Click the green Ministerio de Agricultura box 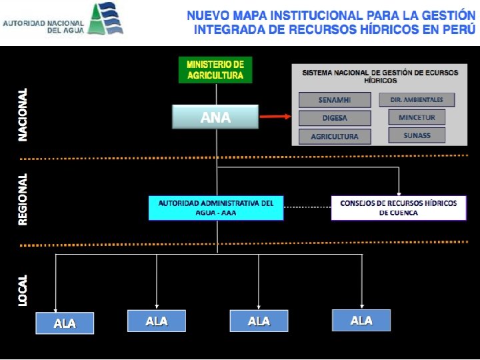pyautogui.click(x=215, y=70)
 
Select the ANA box pyautogui.click(x=215, y=117)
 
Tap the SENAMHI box pyautogui.click(x=335, y=100)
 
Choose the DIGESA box pyautogui.click(x=334, y=118)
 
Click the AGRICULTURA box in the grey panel pyautogui.click(x=335, y=137)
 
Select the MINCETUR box pyautogui.click(x=417, y=117)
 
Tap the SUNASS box pyautogui.click(x=417, y=135)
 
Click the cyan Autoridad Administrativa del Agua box pyautogui.click(x=216, y=207)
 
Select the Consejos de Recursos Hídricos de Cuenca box pyautogui.click(x=398, y=207)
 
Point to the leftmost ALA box pyautogui.click(x=65, y=323)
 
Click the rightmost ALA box pyautogui.click(x=361, y=321)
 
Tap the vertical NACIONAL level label pyautogui.click(x=23, y=114)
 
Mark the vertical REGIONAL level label pyautogui.click(x=23, y=199)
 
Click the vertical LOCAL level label pyautogui.click(x=23, y=290)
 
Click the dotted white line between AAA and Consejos pyautogui.click(x=307, y=207)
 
